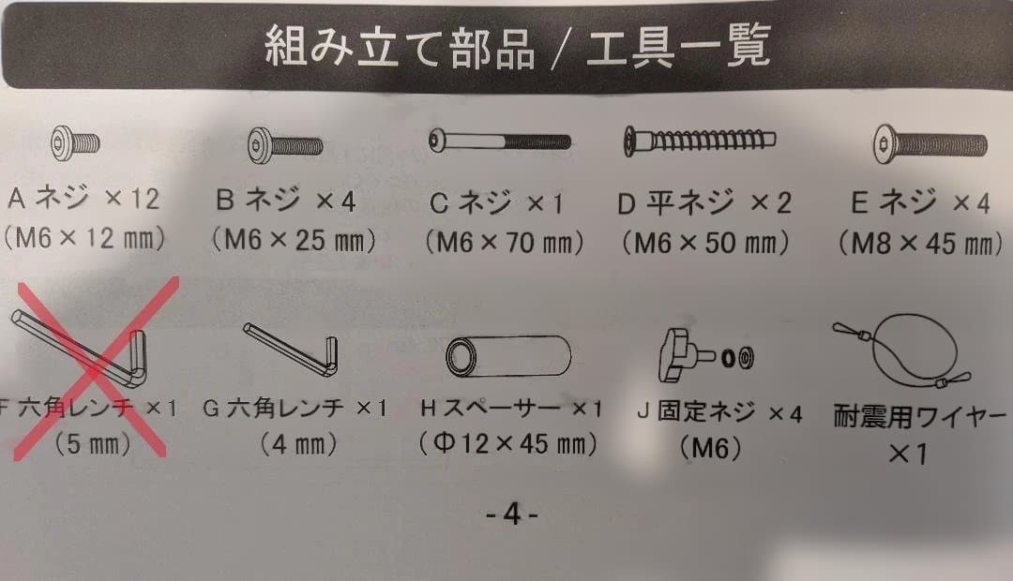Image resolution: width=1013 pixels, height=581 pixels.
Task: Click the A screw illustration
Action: click(x=74, y=142)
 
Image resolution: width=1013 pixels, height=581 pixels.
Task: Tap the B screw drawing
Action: click(x=286, y=145)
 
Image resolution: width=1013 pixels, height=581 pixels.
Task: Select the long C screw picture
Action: click(x=499, y=142)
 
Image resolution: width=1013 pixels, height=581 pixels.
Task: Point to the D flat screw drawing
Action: click(x=699, y=142)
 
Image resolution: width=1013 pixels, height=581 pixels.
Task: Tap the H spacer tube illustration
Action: click(x=507, y=357)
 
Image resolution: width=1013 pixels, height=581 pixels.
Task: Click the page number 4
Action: click(x=511, y=514)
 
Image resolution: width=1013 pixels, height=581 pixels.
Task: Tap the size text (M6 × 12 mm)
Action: click(x=83, y=240)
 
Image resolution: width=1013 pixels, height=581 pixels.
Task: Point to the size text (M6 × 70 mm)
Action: click(x=504, y=243)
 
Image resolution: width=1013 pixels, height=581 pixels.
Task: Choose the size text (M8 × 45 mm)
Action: click(x=915, y=245)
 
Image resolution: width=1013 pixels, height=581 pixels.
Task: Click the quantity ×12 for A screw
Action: click(x=131, y=200)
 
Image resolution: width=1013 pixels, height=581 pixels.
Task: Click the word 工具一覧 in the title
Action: click(x=675, y=44)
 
